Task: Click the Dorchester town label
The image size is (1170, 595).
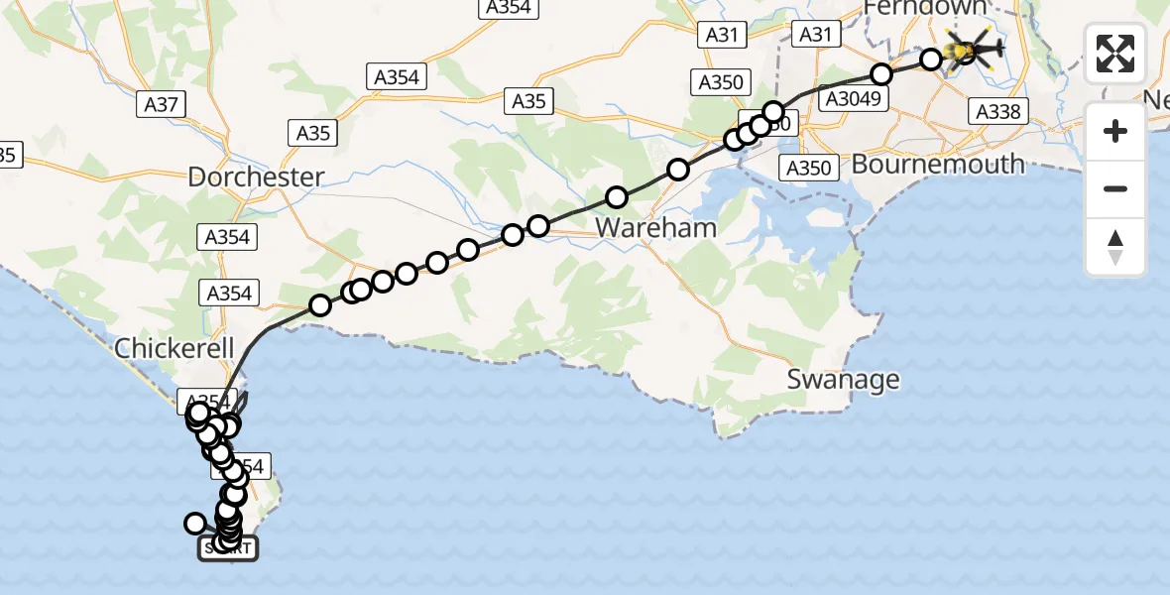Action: point(256,178)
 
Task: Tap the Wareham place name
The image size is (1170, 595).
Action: point(643,228)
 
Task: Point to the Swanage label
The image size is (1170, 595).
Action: point(844,379)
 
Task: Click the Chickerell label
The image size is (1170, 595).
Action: point(174,348)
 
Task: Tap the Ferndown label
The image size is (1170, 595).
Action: point(925,8)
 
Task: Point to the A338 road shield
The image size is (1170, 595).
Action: point(997,111)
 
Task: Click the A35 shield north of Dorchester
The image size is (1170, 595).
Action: point(313,132)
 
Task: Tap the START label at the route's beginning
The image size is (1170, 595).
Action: point(228,548)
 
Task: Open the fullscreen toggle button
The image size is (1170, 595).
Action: point(1115,54)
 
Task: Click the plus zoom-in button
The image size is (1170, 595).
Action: point(1115,131)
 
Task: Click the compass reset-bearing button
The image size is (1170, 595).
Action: point(1115,247)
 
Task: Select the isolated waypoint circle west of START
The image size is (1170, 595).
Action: point(195,523)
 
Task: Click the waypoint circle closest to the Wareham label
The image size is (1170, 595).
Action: point(617,196)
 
